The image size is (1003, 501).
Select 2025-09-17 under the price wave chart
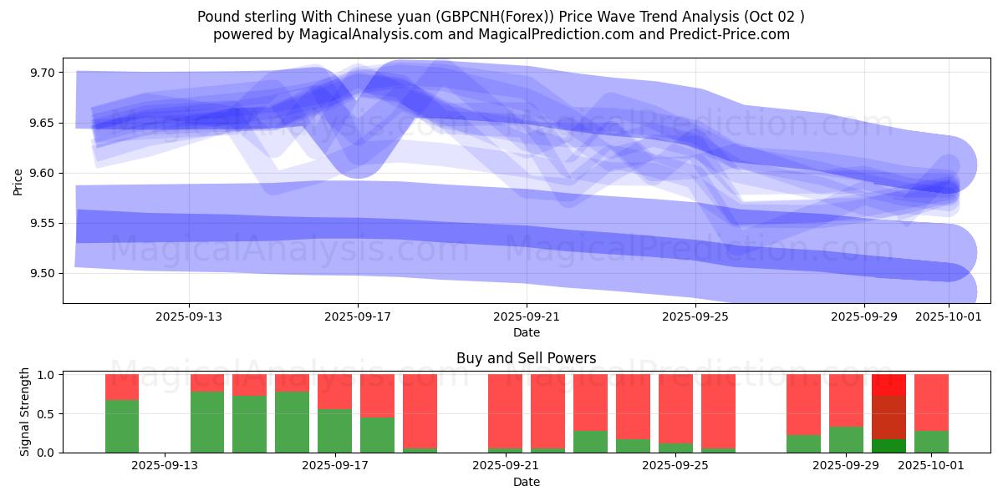click(x=358, y=316)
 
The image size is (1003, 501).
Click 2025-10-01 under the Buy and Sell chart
click(x=929, y=466)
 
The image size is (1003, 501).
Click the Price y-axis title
click(x=18, y=181)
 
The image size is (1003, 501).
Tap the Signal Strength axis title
click(x=25, y=412)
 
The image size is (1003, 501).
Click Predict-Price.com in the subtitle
click(x=736, y=34)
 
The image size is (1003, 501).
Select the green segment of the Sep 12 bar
click(x=122, y=426)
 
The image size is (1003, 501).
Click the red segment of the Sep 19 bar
click(x=420, y=411)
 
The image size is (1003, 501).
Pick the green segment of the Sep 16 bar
click(x=292, y=422)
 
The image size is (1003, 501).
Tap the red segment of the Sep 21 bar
click(x=505, y=411)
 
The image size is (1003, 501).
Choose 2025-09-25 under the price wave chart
click(x=695, y=316)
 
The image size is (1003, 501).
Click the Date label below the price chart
click(x=527, y=332)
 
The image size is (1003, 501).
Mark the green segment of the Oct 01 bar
click(x=931, y=442)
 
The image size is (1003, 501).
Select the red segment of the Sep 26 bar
click(x=718, y=411)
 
